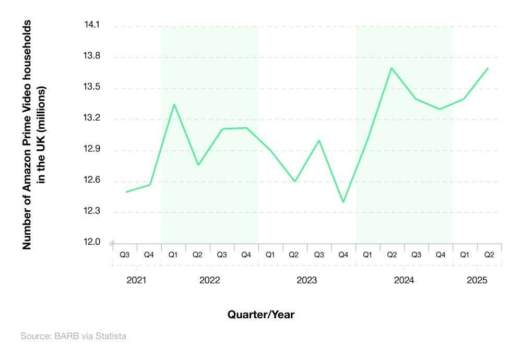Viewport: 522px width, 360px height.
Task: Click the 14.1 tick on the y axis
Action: tap(91, 26)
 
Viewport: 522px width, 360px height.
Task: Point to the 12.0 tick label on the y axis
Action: tap(91, 243)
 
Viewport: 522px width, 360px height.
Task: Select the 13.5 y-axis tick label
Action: tap(91, 88)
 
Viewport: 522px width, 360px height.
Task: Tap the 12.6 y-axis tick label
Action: tap(91, 181)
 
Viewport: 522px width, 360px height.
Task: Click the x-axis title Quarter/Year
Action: tap(261, 315)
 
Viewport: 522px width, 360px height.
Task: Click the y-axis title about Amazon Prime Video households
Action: tap(34, 135)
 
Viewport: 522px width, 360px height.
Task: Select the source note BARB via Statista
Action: tap(73, 337)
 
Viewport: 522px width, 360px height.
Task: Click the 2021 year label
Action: tap(137, 280)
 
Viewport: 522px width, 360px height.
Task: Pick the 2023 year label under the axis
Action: tap(306, 280)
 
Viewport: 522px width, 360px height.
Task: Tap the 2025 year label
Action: tap(477, 280)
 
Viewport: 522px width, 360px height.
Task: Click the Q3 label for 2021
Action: tap(125, 255)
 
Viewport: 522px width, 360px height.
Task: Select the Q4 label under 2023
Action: tap(343, 255)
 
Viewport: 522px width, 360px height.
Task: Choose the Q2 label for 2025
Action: tap(489, 255)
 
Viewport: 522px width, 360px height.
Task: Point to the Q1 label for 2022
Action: tap(173, 255)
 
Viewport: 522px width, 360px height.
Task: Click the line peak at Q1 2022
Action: tap(174, 104)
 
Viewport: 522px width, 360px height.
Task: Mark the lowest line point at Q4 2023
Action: tap(343, 202)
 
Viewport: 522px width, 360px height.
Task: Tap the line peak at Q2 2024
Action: tap(391, 68)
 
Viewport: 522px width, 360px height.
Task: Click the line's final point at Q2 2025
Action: tap(488, 68)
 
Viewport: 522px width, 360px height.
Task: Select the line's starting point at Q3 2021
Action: tap(126, 192)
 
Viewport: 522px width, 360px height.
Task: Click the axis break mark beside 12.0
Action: tap(111, 243)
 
